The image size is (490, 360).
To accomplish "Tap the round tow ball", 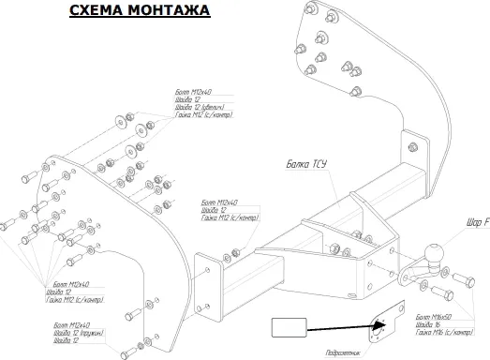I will coord(436,255).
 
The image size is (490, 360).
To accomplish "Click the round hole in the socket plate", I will coord(379,328).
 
